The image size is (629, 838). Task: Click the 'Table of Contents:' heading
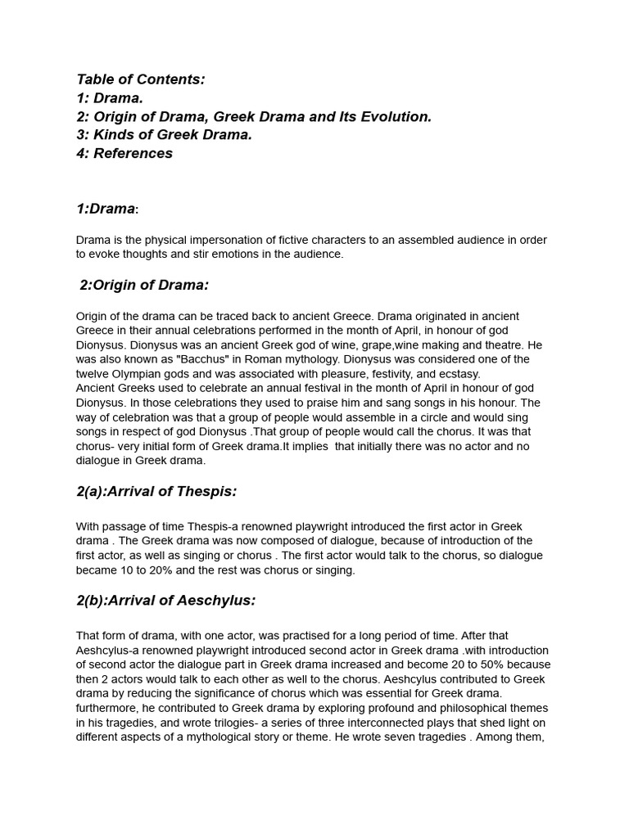[140, 79]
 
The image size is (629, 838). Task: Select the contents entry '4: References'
[124, 153]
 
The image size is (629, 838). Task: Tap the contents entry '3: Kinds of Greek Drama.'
[164, 135]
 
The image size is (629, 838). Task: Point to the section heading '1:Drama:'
[106, 209]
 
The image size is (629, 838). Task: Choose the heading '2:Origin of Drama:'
[144, 285]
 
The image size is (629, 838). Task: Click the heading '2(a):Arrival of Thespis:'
[156, 491]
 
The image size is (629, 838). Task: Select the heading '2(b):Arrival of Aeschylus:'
[165, 600]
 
